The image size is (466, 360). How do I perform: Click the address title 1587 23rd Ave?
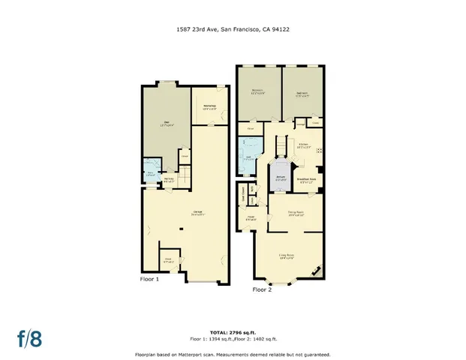tap(233, 30)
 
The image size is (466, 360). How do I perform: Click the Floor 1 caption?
tap(150, 279)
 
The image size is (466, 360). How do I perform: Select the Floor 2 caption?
tap(262, 289)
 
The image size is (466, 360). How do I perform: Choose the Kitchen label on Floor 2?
tap(304, 144)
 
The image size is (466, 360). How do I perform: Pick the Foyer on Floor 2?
tap(249, 218)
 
